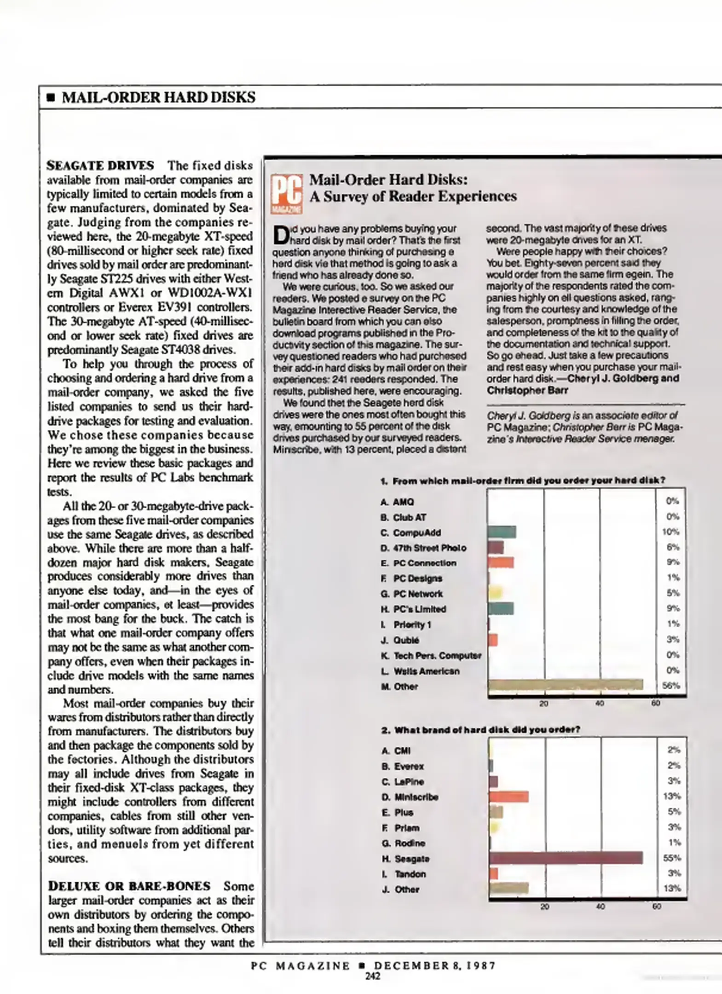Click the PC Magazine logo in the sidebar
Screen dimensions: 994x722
coord(286,194)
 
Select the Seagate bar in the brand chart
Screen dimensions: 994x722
coord(566,858)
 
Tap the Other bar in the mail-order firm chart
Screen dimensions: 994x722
coord(565,684)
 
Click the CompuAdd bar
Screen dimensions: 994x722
coord(502,532)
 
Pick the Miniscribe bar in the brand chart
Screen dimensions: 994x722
coord(508,797)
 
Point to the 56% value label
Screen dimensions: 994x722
coord(671,685)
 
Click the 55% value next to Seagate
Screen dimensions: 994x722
coord(672,858)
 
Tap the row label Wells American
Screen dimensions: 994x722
coord(426,671)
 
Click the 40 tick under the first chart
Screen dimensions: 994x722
coord(600,703)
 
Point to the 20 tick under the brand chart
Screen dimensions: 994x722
coord(545,906)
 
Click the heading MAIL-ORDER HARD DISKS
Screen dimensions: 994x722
coord(158,97)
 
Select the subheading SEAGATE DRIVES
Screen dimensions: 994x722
coord(100,165)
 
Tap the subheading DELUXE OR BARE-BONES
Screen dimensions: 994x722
coord(129,886)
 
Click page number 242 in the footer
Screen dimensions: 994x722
coord(373,976)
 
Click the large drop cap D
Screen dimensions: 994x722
coord(280,235)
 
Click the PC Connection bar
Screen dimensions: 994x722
coord(501,562)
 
